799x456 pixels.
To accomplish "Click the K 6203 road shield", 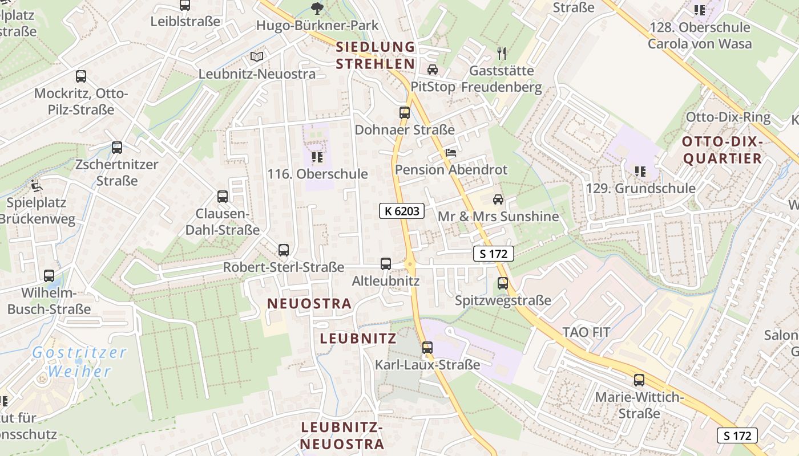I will coord(402,211).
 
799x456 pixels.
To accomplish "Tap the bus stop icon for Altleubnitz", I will coord(386,264).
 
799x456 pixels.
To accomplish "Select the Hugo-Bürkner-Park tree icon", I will coord(317,9).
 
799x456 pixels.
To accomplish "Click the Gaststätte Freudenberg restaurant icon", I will coord(502,54).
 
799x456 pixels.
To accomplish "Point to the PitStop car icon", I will coord(433,70).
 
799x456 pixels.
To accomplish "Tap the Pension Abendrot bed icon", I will coord(451,153).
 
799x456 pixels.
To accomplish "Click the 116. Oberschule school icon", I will coord(317,157).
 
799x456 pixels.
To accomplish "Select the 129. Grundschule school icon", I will coord(640,171).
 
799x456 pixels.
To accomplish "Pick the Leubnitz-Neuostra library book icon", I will coord(257,57).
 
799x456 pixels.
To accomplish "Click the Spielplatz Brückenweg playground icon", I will coord(37,185).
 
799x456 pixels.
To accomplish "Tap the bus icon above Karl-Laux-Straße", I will coord(427,347).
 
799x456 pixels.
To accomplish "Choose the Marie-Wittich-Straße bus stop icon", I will coord(639,380).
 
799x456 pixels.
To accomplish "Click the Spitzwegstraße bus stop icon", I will coord(503,283).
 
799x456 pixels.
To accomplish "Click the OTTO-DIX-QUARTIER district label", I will coord(723,150).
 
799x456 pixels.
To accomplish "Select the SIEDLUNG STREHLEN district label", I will coord(375,55).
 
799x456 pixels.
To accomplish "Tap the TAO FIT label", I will coord(586,332).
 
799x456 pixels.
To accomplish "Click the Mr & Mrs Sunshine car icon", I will coord(498,199).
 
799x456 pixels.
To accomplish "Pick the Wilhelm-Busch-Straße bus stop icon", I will coord(49,276).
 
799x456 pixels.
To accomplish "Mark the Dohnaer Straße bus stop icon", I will coord(405,113).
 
